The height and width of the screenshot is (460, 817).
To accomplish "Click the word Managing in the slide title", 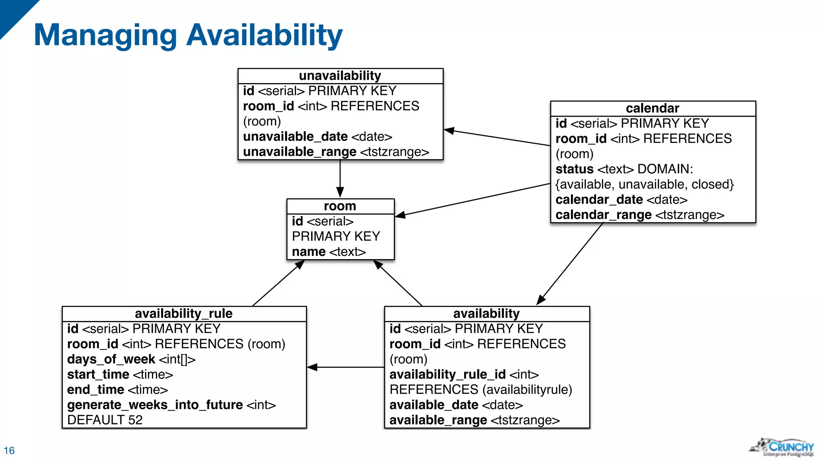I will (x=105, y=36).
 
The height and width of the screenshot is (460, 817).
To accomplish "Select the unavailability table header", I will (x=340, y=76).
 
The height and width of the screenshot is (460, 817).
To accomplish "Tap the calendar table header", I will (x=652, y=108).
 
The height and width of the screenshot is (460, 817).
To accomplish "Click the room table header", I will (x=340, y=206).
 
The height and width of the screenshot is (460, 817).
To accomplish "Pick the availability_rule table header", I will (x=184, y=313).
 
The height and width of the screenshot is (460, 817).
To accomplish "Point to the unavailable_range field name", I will (x=300, y=152).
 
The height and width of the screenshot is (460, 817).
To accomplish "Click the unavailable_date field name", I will (x=295, y=137).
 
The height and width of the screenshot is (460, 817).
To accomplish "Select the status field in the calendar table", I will (x=574, y=169).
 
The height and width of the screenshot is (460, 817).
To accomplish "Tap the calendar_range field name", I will (x=603, y=215).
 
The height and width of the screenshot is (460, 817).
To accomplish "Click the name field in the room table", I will (x=308, y=252).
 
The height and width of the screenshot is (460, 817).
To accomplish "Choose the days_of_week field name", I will (x=111, y=359).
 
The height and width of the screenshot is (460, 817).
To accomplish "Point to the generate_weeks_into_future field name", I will (x=155, y=405).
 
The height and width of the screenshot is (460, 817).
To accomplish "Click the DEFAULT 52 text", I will (x=105, y=420).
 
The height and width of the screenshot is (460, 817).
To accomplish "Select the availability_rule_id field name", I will (x=447, y=375).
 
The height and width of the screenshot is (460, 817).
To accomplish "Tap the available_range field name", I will (x=438, y=420).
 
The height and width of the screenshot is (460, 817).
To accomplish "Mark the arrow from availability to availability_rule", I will (x=345, y=367).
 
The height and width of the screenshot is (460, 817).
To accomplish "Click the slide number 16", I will (x=9, y=450).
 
